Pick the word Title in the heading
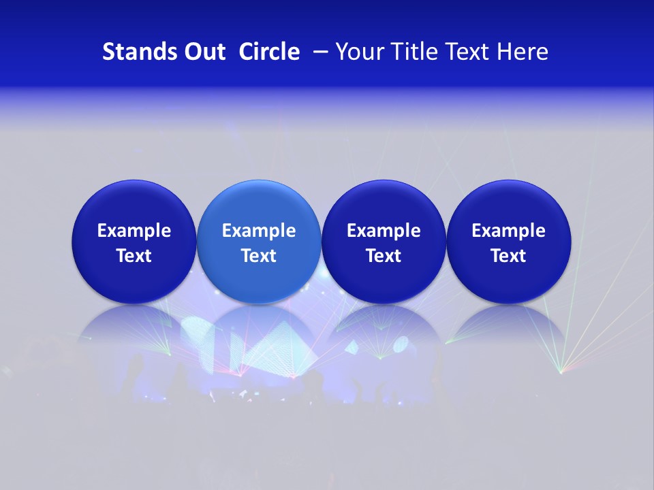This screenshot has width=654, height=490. coord(416,52)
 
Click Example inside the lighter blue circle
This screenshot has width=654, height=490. coord(259,231)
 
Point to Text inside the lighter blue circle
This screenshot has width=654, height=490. coord(259,256)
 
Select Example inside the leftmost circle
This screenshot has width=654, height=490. coord(134,231)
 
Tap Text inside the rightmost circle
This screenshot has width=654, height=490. coord(509,256)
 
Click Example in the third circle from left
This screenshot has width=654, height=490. coord(384,231)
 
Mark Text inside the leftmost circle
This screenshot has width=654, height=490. coord(134,256)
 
